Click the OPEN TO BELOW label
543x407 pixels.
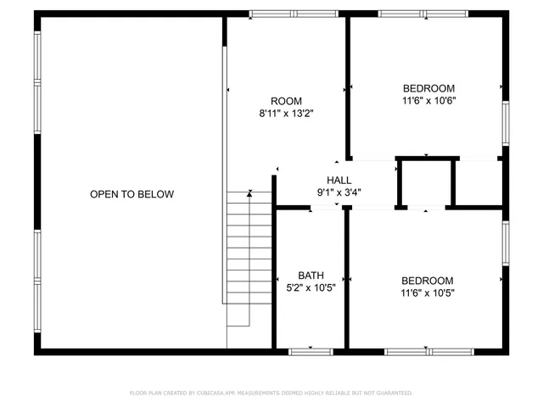[x=132, y=194]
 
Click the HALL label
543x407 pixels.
[x=339, y=180]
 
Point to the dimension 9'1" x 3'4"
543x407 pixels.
[x=339, y=192]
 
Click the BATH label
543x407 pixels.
[x=311, y=275]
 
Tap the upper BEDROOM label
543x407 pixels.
[x=428, y=88]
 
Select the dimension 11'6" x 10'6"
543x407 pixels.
[x=428, y=101]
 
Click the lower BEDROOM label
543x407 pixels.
[x=427, y=281]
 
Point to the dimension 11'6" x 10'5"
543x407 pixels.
[x=427, y=293]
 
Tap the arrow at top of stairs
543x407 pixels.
[x=249, y=194]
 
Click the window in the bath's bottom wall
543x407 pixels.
[x=311, y=350]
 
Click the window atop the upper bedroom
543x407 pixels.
[x=423, y=14]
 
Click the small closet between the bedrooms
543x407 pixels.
[x=425, y=181]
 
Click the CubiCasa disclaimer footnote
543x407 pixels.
[x=271, y=393]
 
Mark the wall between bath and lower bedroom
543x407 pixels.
[x=346, y=280]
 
